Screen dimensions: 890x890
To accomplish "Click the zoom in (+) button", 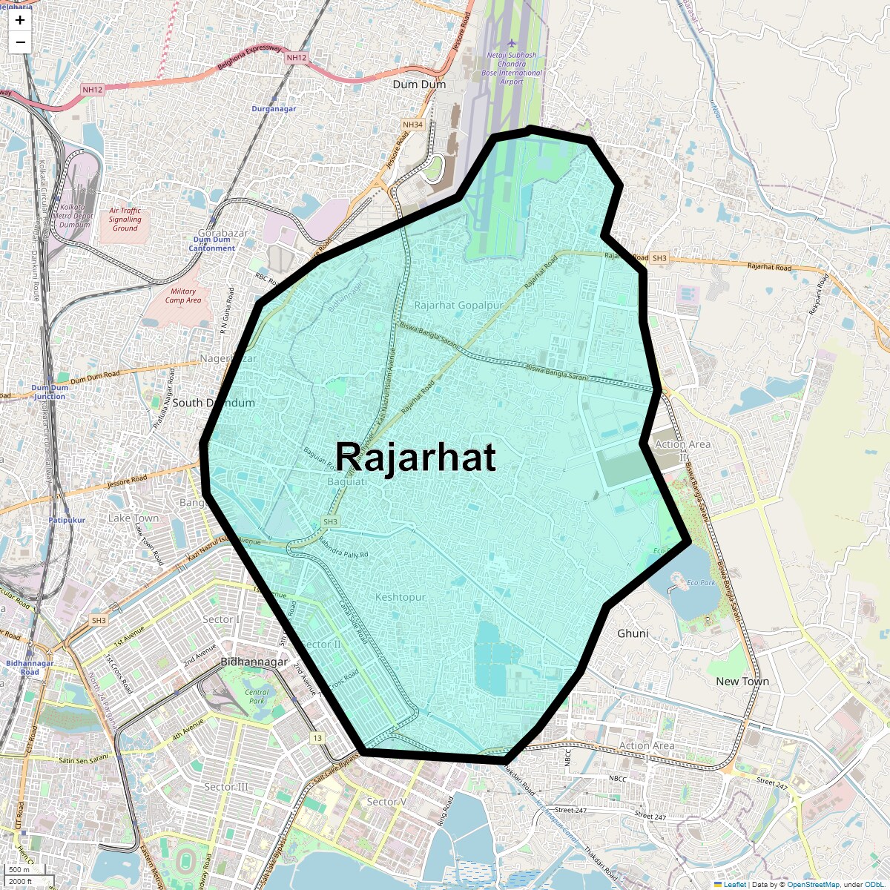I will pos(20,20).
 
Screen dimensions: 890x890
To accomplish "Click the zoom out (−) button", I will pos(20,42).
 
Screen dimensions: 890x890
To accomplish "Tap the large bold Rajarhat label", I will pos(415,457).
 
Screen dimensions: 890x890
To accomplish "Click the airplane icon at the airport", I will pos(511,43).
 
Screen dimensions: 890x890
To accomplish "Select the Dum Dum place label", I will pos(419,85).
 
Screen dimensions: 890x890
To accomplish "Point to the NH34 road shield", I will pos(412,125).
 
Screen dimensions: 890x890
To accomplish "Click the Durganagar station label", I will pos(274,109).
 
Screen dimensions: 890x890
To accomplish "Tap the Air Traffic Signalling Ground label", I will pos(125,220).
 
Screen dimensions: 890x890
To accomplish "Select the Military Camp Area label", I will pos(183,296).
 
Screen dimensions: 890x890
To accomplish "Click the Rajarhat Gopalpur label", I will pos(458,306).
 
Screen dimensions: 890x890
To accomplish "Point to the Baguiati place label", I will pos(347,482).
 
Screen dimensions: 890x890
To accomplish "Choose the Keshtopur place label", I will pos(400,597).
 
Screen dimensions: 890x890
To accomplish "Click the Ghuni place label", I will pos(633,633).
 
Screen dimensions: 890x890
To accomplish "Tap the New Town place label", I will pos(742,682).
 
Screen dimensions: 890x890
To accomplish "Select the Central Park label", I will pos(257,696).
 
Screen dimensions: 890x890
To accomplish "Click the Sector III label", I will pos(226,787).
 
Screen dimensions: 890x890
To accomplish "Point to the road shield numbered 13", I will pos(317,738).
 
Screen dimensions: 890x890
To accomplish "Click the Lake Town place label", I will pos(133,518).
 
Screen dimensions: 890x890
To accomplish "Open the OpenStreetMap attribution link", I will pos(813,885).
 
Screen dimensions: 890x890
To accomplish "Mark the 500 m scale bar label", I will pos(20,870).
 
